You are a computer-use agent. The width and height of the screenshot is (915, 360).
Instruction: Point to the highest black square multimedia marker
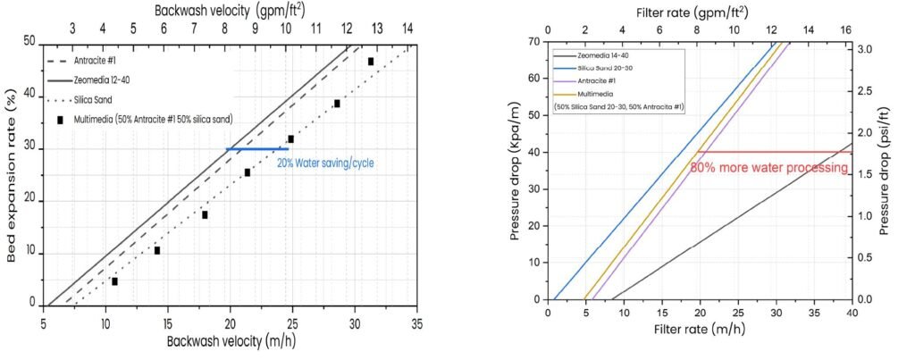pyautogui.click(x=370, y=61)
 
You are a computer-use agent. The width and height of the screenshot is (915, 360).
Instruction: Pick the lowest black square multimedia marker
pyautogui.click(x=114, y=281)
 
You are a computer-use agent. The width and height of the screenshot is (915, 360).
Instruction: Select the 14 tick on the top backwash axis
pyautogui.click(x=408, y=27)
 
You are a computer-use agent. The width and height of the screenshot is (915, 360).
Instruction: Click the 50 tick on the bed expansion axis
pyautogui.click(x=29, y=41)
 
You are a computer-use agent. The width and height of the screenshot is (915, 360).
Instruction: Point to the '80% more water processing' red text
pyautogui.click(x=762, y=166)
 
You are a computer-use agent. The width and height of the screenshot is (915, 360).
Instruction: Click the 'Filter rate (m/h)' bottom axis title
pyautogui.click(x=699, y=333)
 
